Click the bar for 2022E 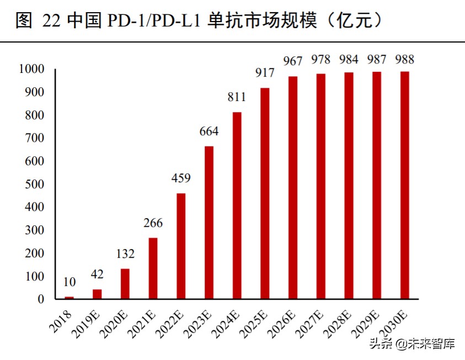tap(181, 246)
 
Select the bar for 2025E tap(265, 193)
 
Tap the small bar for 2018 tap(69, 298)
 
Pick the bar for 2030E tap(404, 185)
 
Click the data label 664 tap(209, 131)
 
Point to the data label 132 tap(125, 254)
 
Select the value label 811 tap(237, 98)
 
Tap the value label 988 tap(404, 60)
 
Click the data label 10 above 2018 tap(69, 282)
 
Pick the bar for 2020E tap(125, 284)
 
